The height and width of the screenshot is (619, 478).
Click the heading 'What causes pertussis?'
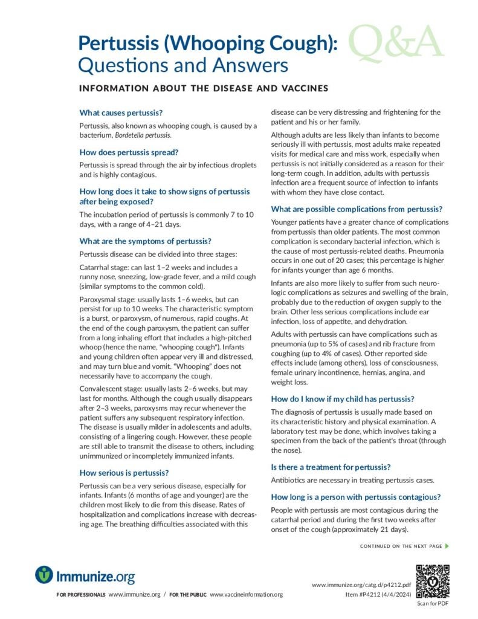click(121, 112)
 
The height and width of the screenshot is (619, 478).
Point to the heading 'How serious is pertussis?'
click(124, 472)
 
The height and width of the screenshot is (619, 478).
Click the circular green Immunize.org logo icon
click(44, 574)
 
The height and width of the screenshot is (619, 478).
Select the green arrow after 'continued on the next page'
click(447, 546)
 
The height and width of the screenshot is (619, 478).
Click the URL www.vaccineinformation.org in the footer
click(246, 595)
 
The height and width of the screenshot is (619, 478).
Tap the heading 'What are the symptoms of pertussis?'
click(145, 241)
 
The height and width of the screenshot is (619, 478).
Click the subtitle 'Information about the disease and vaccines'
click(203, 88)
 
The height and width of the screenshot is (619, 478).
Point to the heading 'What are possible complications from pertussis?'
click(357, 209)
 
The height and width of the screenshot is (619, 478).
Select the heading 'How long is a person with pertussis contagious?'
click(355, 497)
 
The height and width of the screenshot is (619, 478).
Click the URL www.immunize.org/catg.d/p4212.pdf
click(361, 585)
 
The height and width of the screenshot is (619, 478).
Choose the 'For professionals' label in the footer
click(81, 595)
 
